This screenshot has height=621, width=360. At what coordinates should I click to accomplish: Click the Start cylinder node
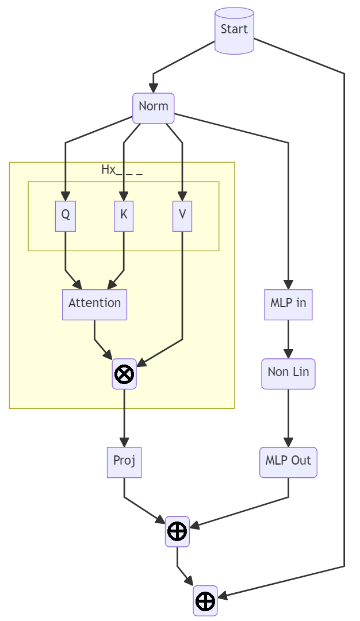click(234, 30)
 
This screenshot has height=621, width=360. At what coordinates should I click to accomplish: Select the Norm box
click(154, 108)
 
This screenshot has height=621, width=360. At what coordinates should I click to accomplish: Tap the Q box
click(66, 216)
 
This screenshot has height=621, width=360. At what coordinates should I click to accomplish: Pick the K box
click(124, 216)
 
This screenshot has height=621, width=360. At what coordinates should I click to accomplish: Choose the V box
click(182, 216)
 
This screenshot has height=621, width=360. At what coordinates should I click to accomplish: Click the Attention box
click(94, 305)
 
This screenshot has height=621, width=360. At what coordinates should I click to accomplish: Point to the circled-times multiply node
click(124, 374)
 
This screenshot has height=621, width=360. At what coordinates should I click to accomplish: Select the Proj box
click(124, 462)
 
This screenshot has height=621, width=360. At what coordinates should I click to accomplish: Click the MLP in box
click(288, 305)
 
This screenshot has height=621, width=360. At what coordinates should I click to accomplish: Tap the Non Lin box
click(288, 374)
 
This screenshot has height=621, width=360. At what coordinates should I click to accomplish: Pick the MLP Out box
click(288, 462)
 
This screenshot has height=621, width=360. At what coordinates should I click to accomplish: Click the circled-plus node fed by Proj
click(177, 531)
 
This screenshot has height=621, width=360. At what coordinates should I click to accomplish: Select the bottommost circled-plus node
click(205, 601)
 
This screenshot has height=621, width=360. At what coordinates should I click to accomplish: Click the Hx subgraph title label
click(121, 170)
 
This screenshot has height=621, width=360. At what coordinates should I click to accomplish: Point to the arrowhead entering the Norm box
click(154, 89)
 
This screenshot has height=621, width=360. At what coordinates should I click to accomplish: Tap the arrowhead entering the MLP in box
click(288, 285)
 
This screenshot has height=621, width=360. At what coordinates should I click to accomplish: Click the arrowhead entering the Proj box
click(124, 442)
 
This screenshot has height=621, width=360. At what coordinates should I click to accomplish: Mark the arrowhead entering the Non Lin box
click(288, 354)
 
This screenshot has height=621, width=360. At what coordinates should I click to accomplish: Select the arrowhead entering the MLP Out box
click(288, 442)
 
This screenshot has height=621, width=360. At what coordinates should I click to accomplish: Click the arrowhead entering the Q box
click(66, 196)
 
